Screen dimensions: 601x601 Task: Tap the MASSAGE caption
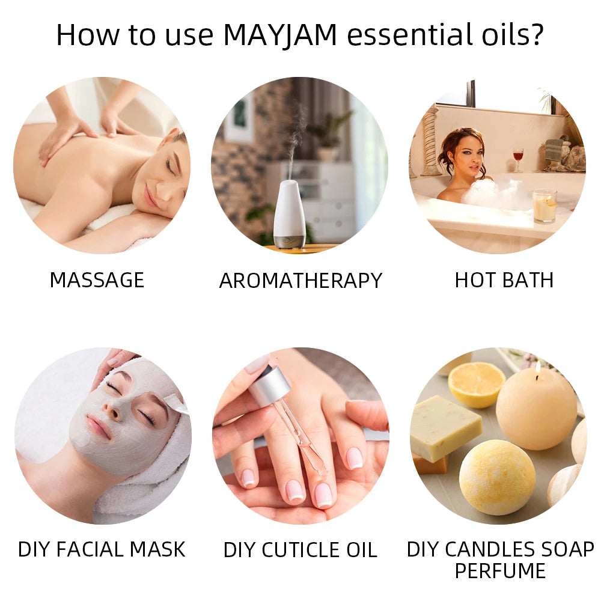pyautogui.click(x=97, y=280)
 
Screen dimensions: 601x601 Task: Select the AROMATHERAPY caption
pyautogui.click(x=300, y=281)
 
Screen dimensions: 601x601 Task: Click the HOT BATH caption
pyautogui.click(x=504, y=280)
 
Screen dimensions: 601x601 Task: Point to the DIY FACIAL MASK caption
pyautogui.click(x=102, y=549)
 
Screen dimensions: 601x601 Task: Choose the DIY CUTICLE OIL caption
pyautogui.click(x=300, y=550)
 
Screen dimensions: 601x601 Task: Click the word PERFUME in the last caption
pyautogui.click(x=500, y=570)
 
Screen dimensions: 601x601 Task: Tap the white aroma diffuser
pyautogui.click(x=290, y=215)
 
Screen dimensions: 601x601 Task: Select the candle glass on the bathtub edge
pyautogui.click(x=544, y=206)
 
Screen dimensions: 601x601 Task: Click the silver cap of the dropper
pyautogui.click(x=269, y=385)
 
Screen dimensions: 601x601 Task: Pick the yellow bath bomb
pyautogui.click(x=497, y=477)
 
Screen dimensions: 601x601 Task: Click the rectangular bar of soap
pyautogui.click(x=445, y=428)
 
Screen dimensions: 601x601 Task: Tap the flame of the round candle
pyautogui.click(x=538, y=367)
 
